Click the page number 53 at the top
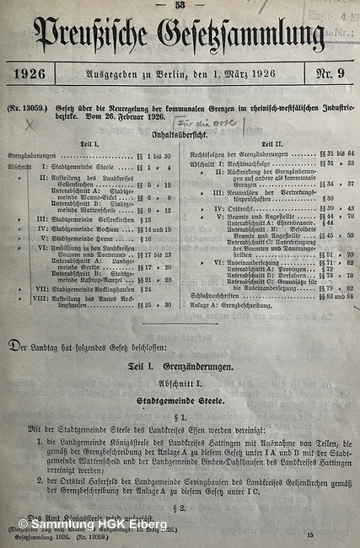pos(180,5)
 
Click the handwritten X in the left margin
pos(30,123)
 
